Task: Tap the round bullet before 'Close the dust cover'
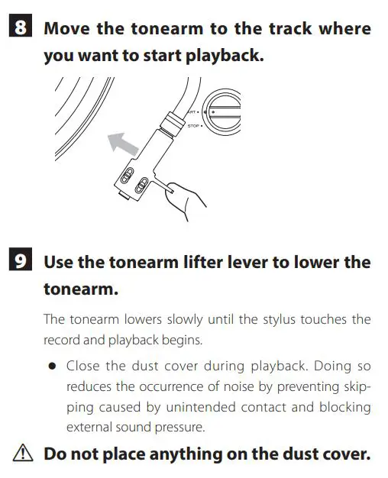[x=52, y=366]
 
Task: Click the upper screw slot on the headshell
[x=128, y=174]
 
